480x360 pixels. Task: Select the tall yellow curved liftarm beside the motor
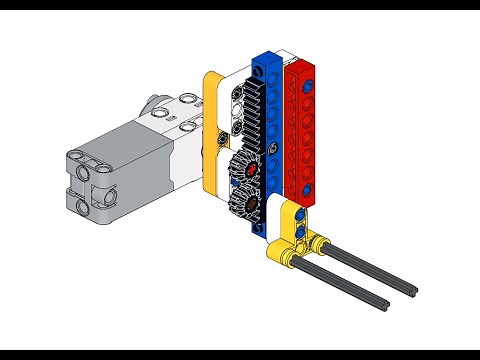point(210,130)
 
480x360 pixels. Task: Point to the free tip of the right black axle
point(413,293)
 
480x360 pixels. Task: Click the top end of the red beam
point(299,66)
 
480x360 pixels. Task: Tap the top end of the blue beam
point(266,59)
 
